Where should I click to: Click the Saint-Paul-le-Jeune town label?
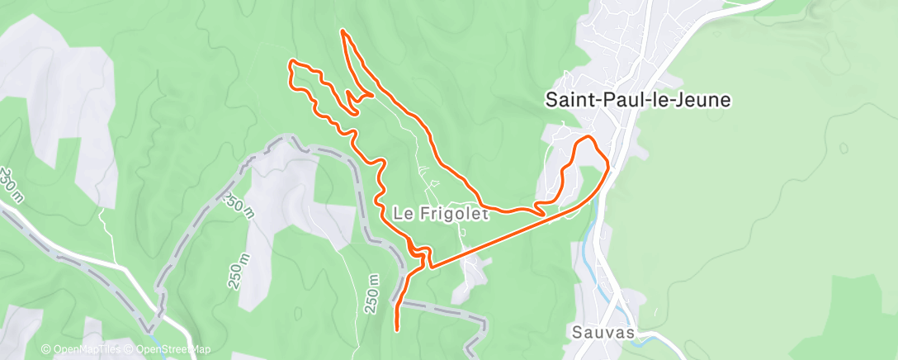pyautogui.click(x=637, y=100)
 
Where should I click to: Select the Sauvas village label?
pyautogui.click(x=603, y=333)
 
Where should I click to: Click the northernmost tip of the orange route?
pyautogui.click(x=343, y=31)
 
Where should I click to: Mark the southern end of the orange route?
pyautogui.click(x=398, y=329)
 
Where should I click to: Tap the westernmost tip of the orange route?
pyautogui.click(x=289, y=63)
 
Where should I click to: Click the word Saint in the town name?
pyautogui.click(x=569, y=100)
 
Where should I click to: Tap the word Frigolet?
pyautogui.click(x=453, y=214)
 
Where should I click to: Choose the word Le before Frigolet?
pyautogui.click(x=402, y=214)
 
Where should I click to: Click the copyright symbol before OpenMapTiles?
pyautogui.click(x=46, y=349)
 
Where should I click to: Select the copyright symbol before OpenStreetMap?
pyautogui.click(x=130, y=349)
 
